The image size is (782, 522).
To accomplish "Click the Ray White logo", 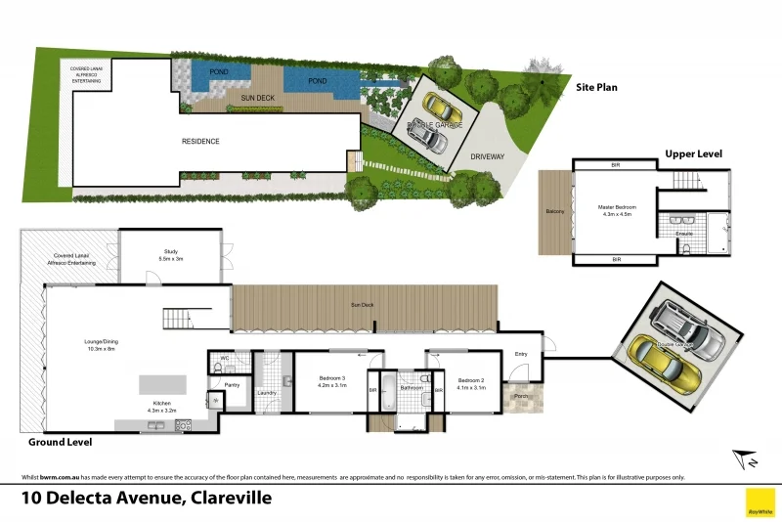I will point(760,501).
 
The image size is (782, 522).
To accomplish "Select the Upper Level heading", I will point(693,153).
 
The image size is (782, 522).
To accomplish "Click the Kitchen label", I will point(162,406).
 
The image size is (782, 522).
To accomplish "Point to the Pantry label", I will point(232,384).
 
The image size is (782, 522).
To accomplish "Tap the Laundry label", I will point(267,393).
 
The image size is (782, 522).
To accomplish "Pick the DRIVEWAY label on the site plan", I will point(487,156).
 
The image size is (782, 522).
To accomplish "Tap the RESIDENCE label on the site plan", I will point(200,142).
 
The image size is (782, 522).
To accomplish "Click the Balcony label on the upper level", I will point(554,211).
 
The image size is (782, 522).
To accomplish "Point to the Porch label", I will point(521,396).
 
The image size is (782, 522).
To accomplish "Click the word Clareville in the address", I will point(229,498).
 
